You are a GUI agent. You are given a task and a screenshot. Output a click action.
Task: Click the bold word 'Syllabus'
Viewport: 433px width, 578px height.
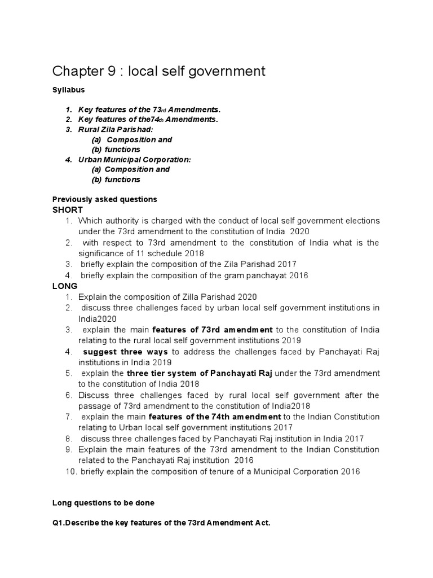coord(68,90)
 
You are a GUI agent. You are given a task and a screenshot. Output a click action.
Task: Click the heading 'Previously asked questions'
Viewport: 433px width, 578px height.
coord(104,199)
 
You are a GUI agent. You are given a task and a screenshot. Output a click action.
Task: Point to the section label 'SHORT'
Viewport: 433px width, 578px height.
coord(68,209)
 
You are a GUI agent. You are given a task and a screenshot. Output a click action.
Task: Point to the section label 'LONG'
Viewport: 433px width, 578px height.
coord(65,286)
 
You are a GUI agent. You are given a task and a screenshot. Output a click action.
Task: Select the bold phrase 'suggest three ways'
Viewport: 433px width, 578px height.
coord(125,352)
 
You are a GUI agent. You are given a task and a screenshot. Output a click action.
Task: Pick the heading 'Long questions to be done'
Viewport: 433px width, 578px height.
coord(103,502)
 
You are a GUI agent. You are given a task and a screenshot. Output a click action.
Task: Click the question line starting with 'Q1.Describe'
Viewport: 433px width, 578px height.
coord(161,523)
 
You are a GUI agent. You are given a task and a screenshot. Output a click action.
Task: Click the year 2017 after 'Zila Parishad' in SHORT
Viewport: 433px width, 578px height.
coord(286,264)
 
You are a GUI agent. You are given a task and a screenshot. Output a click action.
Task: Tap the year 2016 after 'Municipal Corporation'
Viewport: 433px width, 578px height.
coord(350,471)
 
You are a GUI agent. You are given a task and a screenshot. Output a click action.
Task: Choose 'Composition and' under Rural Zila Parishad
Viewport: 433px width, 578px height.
coord(139,139)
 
